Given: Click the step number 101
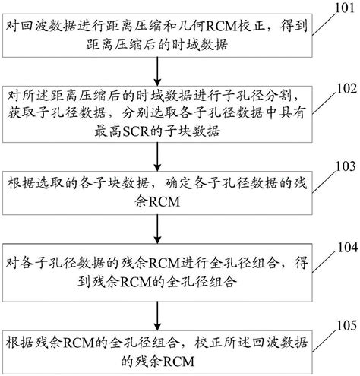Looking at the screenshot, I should pos(340,8).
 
